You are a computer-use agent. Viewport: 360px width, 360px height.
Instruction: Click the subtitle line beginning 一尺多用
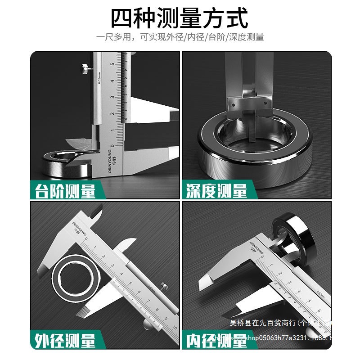tap(180, 37)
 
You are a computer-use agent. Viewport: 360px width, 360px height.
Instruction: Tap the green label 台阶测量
tap(64, 191)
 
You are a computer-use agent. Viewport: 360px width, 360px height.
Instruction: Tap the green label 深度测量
tap(216, 191)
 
